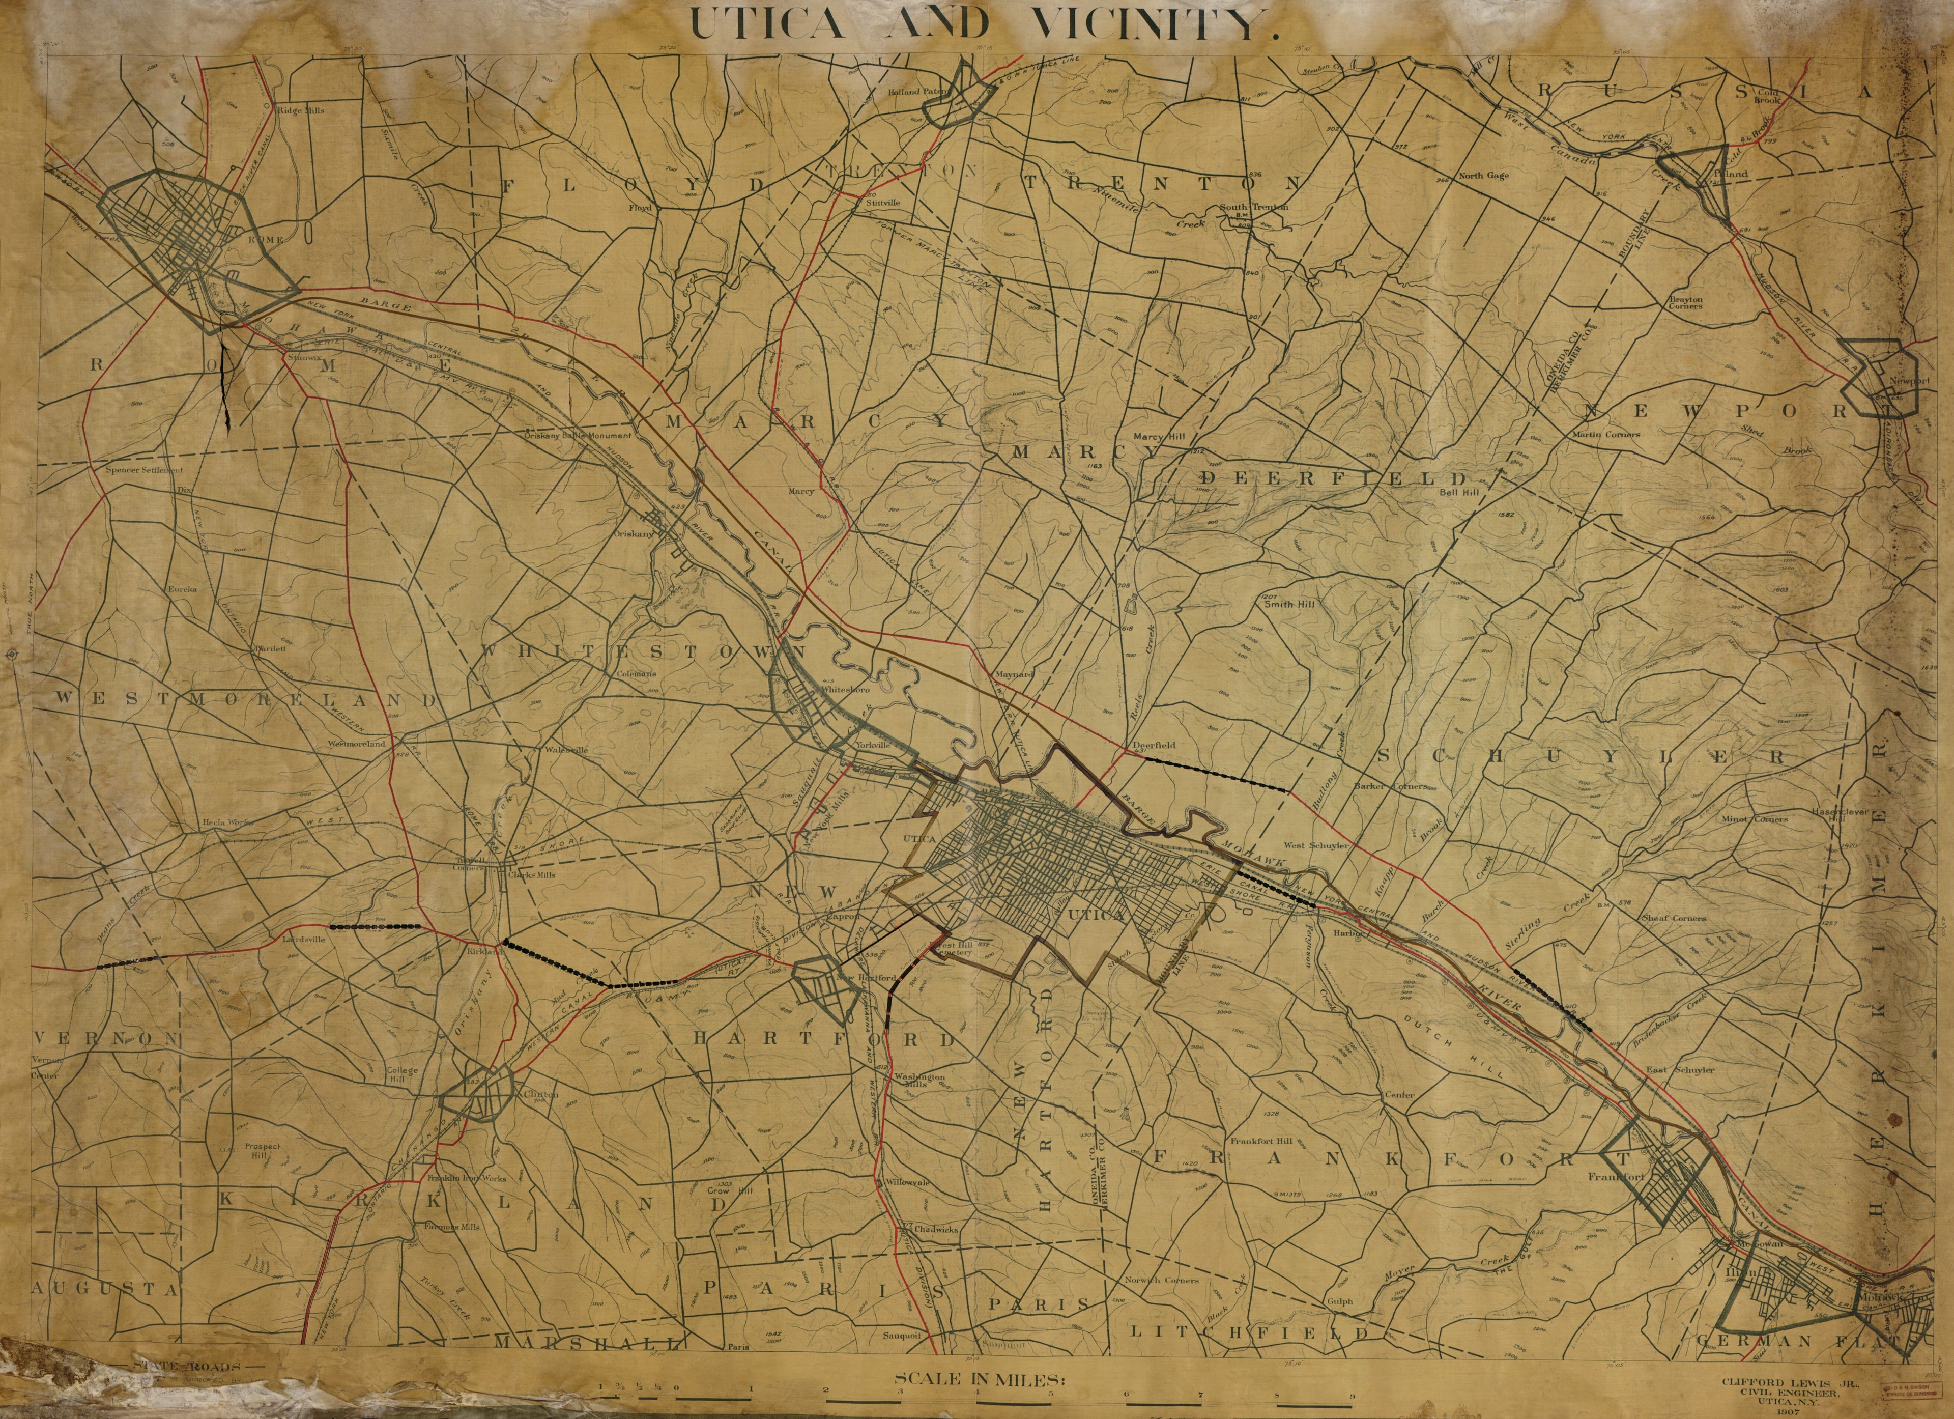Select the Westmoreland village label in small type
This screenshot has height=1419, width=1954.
coord(355,743)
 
